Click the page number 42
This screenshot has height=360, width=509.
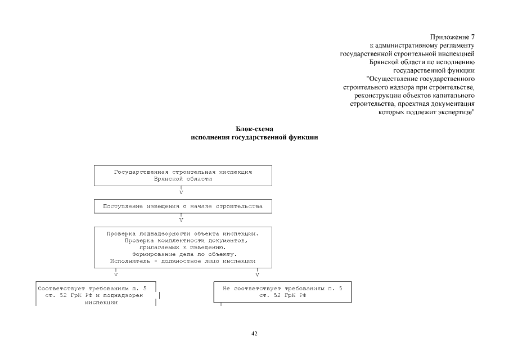click(254, 334)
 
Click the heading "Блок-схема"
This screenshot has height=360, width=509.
click(254, 129)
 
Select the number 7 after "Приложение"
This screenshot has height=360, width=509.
click(473, 37)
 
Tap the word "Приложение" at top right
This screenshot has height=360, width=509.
click(450, 37)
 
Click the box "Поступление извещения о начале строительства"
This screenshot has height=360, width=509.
click(182, 206)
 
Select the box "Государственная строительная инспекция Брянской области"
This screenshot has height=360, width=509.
click(182, 175)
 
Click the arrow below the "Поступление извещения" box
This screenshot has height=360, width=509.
click(181, 219)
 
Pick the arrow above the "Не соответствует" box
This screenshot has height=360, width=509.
click(258, 275)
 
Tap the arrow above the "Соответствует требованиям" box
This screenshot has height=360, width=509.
click(116, 275)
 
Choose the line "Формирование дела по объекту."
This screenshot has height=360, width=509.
click(183, 254)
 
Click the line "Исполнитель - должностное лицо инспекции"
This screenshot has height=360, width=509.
click(183, 261)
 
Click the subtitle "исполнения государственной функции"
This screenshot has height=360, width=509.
click(254, 137)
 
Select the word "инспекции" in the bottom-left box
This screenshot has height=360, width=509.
click(101, 302)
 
